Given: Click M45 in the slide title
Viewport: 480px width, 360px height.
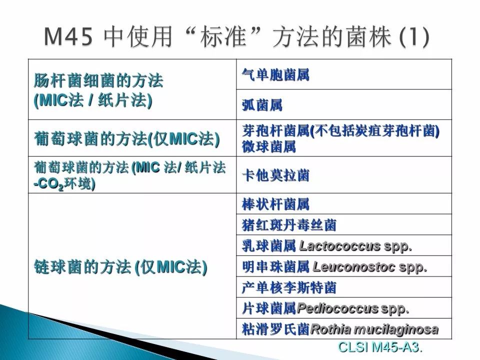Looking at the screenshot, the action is [x=68, y=36].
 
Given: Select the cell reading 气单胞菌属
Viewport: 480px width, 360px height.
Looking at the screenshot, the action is [x=275, y=74].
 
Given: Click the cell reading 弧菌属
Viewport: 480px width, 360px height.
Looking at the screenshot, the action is [x=262, y=105].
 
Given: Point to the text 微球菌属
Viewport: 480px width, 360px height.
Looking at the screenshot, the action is [x=269, y=146].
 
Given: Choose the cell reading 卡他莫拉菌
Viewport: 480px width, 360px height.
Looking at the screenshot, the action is [x=275, y=175].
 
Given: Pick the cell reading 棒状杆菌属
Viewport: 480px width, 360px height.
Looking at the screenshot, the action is [x=275, y=204].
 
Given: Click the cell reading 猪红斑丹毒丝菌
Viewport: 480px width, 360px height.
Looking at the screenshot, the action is [x=289, y=225].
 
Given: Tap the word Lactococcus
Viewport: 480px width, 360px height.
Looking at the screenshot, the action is [x=340, y=246].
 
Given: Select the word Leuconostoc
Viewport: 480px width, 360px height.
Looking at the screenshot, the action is [x=354, y=266].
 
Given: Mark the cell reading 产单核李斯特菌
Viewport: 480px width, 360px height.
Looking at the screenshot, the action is [x=289, y=287].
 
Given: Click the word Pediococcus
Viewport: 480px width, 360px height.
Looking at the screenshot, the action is [x=337, y=308].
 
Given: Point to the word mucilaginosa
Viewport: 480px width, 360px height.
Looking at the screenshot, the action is [x=396, y=329].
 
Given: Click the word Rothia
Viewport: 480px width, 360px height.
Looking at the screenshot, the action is [x=330, y=329].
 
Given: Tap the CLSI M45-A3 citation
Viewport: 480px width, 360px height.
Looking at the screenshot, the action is [x=380, y=347].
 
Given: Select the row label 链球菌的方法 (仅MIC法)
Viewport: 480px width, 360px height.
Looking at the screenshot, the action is [x=120, y=266].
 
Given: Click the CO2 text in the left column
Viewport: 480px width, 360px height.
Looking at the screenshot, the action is [x=48, y=184].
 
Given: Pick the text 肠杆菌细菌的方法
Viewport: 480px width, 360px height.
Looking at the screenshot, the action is [x=98, y=81].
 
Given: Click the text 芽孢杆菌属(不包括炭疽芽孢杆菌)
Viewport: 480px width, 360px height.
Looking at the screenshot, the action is [x=340, y=131].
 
